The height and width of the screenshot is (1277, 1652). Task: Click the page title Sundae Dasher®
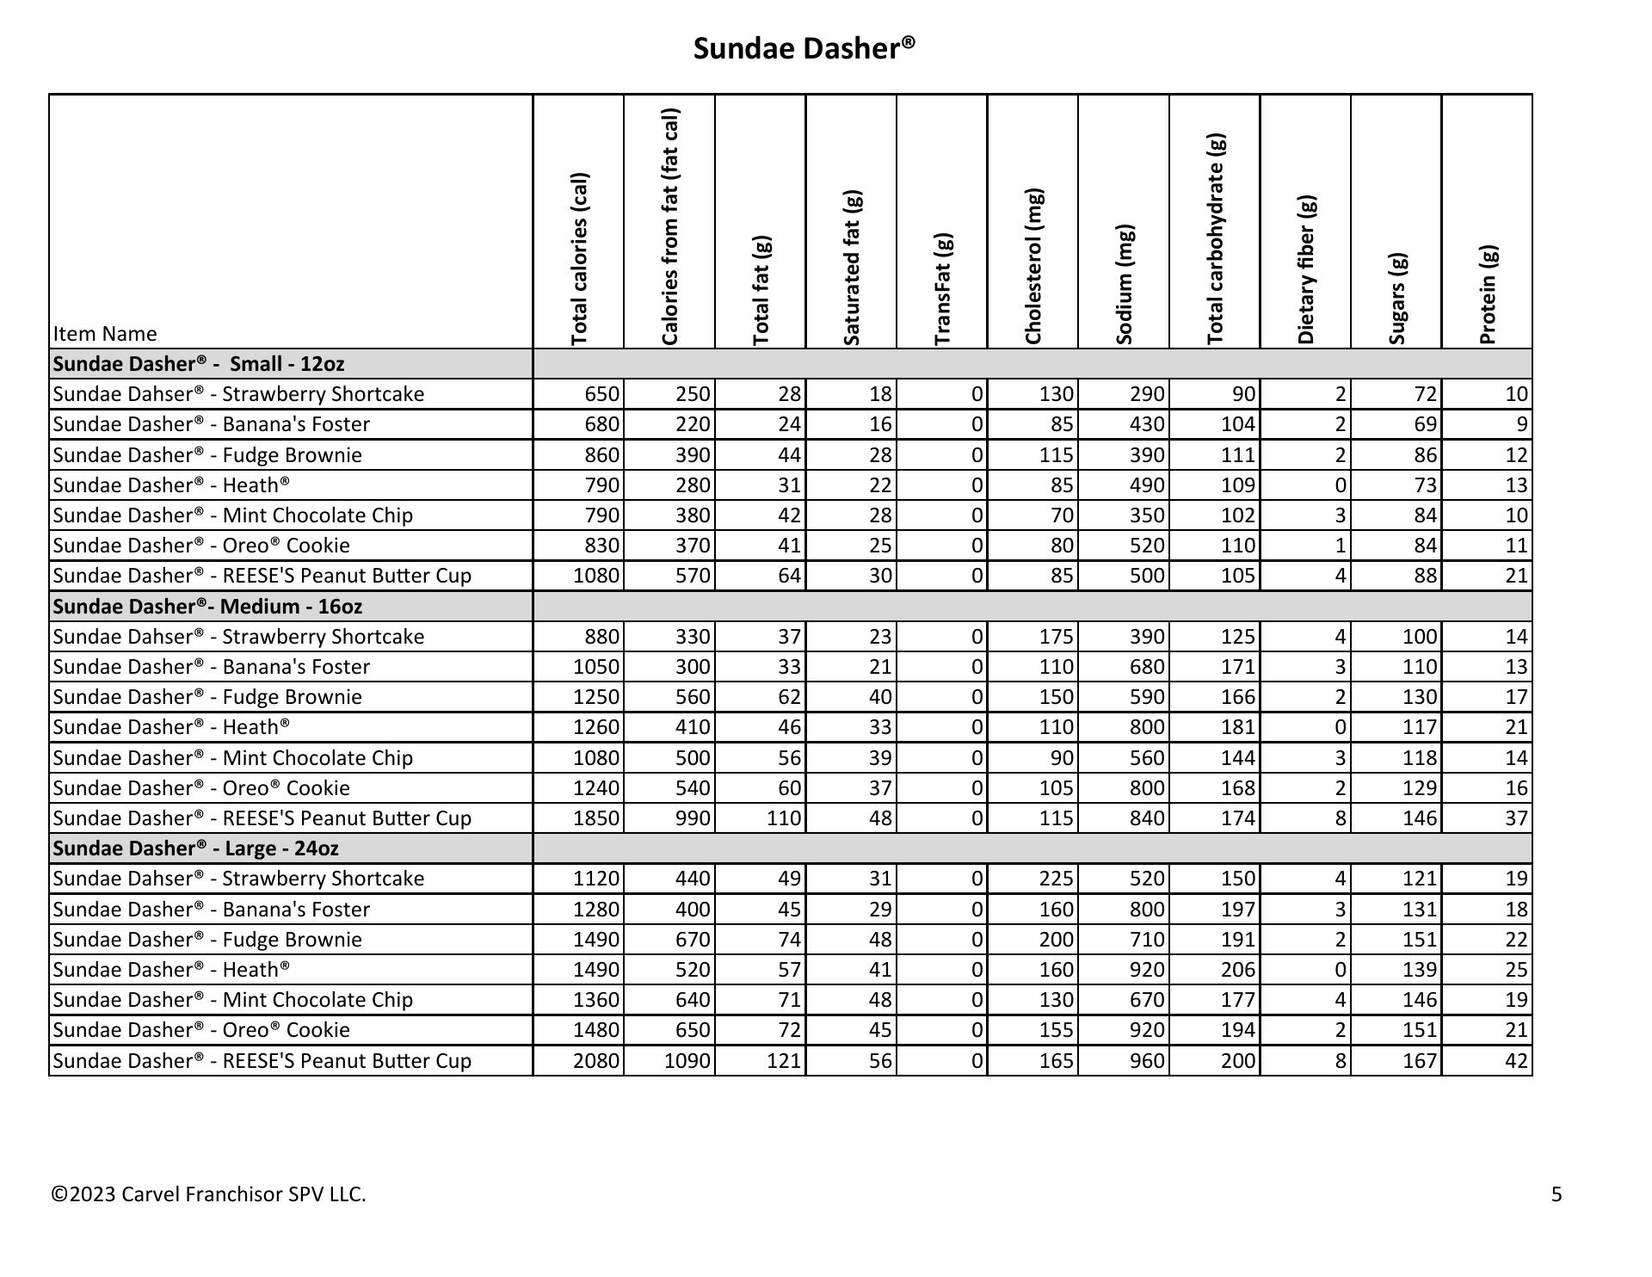click(804, 48)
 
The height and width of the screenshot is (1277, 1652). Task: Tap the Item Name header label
click(105, 334)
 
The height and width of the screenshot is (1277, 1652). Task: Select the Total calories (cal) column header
click(580, 258)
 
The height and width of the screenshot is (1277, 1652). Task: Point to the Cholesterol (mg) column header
click(1033, 267)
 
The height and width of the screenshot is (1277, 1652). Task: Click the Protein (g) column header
click(1488, 294)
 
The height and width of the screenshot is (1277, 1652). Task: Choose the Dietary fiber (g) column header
click(1306, 270)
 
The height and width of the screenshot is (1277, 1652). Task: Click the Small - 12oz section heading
click(199, 364)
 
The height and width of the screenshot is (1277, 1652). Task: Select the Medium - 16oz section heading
click(207, 607)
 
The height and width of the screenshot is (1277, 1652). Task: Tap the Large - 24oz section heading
click(195, 848)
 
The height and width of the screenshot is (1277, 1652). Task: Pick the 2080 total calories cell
click(596, 1061)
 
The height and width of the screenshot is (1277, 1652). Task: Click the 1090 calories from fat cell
click(687, 1061)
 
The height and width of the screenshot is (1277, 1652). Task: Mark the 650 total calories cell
click(601, 394)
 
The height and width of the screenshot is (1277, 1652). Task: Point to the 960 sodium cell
click(1147, 1061)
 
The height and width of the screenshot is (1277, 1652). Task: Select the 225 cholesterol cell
click(1056, 879)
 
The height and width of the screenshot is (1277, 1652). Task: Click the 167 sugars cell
click(1420, 1061)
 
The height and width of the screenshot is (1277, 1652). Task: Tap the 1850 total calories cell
click(596, 818)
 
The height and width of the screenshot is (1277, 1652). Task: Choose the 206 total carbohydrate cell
click(1238, 970)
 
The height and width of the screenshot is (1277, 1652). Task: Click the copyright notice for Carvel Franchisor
click(209, 1194)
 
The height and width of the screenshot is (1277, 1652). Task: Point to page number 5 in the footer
click(1556, 1194)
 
